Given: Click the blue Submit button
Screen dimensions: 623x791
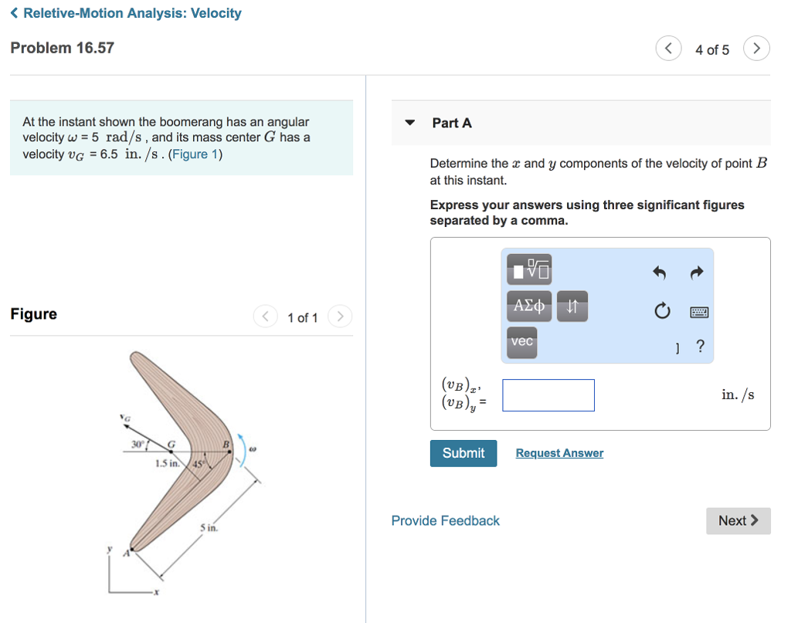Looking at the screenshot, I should [463, 453].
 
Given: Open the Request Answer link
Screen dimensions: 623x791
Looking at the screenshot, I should [559, 453].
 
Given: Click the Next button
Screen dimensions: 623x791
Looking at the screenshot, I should [738, 520].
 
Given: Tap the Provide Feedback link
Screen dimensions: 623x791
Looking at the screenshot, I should [445, 521].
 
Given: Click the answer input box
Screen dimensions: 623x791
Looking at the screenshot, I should [548, 395].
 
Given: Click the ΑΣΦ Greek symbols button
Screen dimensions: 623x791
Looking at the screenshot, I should [529, 306].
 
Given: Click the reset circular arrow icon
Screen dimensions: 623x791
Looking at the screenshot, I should [661, 312].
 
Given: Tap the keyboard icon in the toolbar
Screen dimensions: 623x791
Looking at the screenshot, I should [699, 312].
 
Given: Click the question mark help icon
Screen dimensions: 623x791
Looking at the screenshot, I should [700, 346].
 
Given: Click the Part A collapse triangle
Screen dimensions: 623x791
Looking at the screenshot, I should [411, 123].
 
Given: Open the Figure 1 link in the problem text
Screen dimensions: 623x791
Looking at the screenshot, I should [195, 154].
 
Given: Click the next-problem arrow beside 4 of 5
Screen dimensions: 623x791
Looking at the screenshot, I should [756, 49].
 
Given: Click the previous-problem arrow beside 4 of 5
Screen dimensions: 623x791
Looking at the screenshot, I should [668, 49].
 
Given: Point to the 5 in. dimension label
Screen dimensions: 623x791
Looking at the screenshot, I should [209, 528].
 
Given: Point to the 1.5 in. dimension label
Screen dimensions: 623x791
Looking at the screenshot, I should [168, 464].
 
